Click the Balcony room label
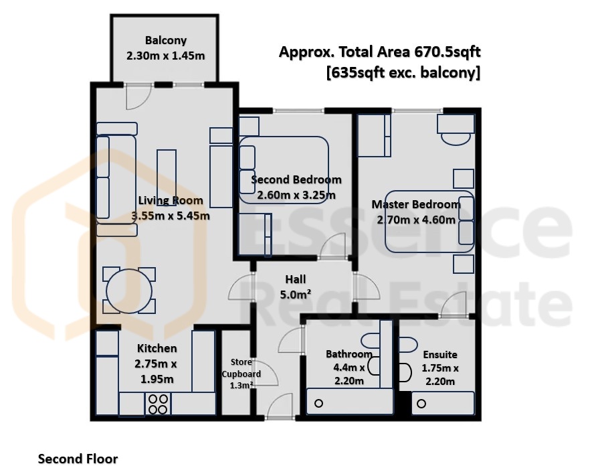(166, 40)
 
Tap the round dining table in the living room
(129, 291)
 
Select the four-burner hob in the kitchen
(158, 404)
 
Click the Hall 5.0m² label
(296, 287)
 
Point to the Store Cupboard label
(241, 368)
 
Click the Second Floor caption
(78, 459)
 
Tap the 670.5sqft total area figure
(448, 52)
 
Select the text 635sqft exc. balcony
(403, 72)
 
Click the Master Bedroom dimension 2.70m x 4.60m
(416, 220)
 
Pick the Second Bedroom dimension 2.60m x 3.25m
(296, 195)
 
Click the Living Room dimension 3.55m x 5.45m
(171, 216)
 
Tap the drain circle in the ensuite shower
(421, 404)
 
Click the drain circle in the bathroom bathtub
(318, 404)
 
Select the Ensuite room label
(440, 354)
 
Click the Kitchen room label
(157, 348)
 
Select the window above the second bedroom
(298, 110)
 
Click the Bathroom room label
(349, 354)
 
